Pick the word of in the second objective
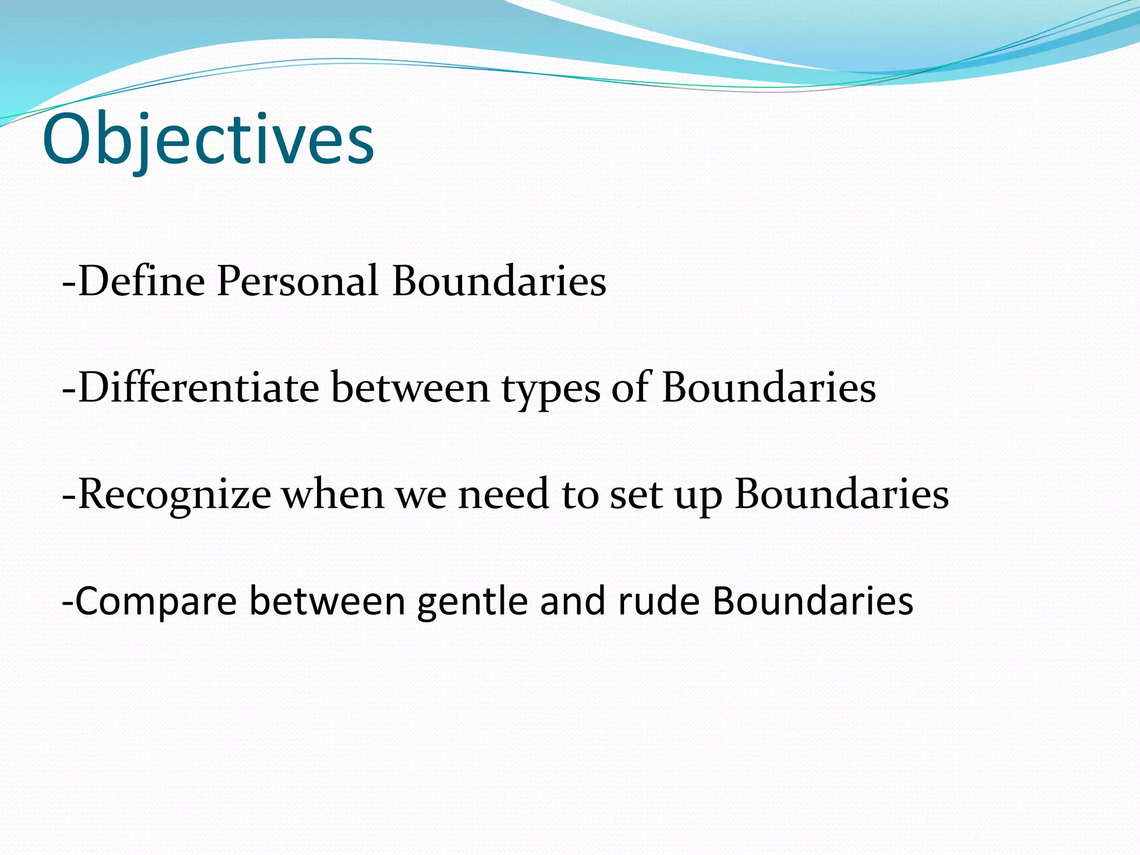pyautogui.click(x=631, y=387)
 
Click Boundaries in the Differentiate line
pyautogui.click(x=769, y=387)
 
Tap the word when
pyautogui.click(x=333, y=494)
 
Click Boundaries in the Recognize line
pyautogui.click(x=842, y=494)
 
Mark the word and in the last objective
pyautogui.click(x=573, y=601)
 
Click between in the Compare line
pyautogui.click(x=327, y=601)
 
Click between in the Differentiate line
pyautogui.click(x=410, y=387)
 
